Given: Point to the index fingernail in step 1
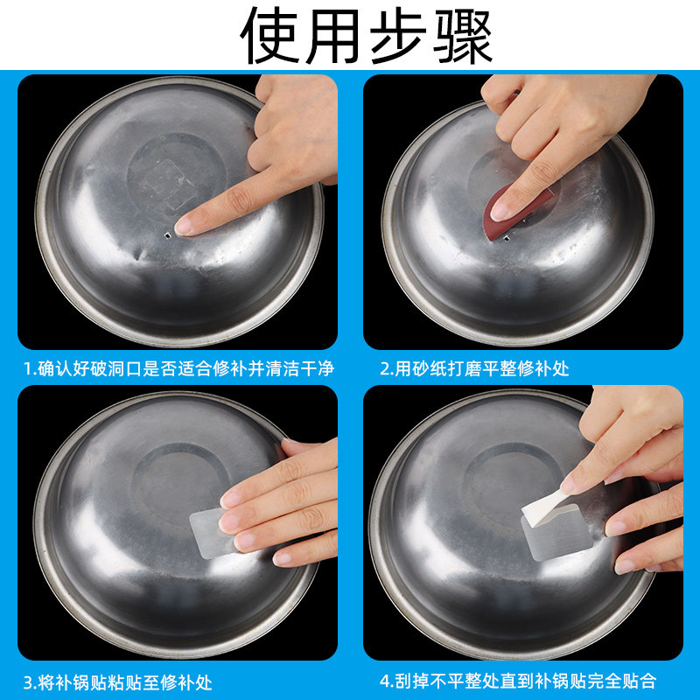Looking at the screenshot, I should pos(185,226).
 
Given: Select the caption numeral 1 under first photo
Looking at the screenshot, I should pos(28,368).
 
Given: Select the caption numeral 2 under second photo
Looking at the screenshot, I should pos(384,368).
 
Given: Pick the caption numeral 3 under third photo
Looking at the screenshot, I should pos(28,682).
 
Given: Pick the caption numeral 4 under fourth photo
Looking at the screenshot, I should pos(384,682).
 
